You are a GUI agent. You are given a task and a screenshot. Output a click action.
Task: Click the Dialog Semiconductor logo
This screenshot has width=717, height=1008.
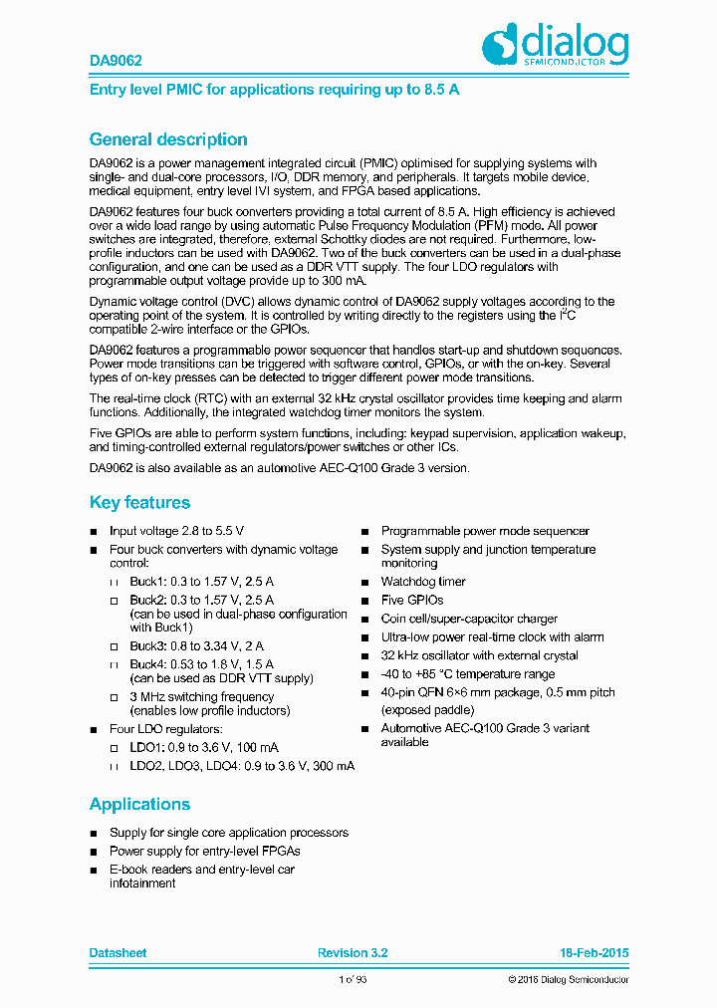point(556,45)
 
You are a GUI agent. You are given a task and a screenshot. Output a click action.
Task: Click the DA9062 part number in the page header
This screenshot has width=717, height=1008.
point(116,61)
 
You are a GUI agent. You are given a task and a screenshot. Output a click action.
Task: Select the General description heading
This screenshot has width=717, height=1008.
point(168,139)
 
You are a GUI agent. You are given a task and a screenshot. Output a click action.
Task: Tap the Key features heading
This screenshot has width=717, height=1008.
point(139,502)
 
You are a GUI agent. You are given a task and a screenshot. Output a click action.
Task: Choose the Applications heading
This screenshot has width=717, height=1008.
point(139,804)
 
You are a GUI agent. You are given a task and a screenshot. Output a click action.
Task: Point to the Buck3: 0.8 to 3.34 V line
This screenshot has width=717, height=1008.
point(196,645)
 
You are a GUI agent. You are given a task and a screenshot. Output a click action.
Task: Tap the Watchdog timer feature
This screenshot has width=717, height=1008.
point(422,582)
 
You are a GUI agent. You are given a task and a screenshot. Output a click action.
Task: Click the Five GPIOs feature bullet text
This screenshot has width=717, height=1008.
point(411,600)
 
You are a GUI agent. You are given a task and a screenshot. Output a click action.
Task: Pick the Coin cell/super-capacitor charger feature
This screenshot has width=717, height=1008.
point(469,619)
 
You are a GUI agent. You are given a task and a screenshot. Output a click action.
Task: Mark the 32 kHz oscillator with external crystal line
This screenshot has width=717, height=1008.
point(479,655)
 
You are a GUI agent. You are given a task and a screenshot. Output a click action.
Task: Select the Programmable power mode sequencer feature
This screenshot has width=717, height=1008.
point(485,531)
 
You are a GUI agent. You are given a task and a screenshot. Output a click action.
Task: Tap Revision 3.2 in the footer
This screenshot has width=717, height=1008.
point(353,953)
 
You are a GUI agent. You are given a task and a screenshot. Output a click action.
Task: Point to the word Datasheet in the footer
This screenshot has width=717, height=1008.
point(118,953)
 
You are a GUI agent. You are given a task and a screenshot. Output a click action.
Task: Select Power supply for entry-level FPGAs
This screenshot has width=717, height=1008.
point(204,851)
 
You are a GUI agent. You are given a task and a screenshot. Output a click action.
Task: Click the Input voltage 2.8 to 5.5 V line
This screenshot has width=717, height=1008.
point(176,531)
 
